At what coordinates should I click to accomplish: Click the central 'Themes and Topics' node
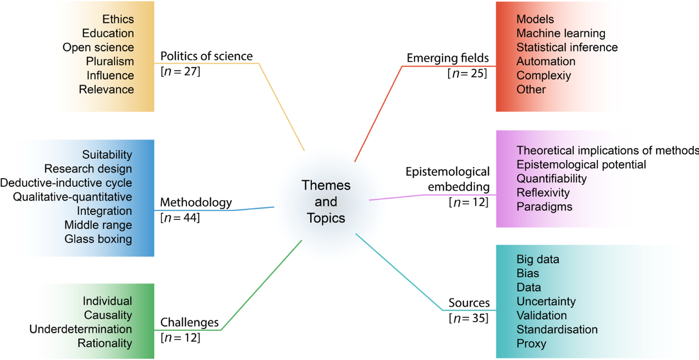click(x=326, y=202)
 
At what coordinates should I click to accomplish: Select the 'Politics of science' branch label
click(x=206, y=56)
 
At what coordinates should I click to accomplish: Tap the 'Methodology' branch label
click(x=196, y=203)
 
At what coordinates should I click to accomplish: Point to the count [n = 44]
click(x=180, y=218)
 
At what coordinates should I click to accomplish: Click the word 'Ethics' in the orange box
click(x=118, y=19)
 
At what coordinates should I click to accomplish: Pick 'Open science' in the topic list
click(x=98, y=47)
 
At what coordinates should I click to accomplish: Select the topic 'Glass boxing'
click(x=98, y=239)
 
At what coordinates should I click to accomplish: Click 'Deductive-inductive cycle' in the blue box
click(x=66, y=183)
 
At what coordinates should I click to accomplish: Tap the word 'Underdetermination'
click(x=80, y=329)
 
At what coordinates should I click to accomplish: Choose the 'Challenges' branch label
click(x=189, y=323)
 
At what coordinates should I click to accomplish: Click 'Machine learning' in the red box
click(x=561, y=34)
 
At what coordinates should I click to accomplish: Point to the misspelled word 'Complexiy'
click(x=544, y=75)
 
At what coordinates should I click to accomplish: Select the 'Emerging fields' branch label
click(x=448, y=58)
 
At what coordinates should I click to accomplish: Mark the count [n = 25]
click(x=467, y=73)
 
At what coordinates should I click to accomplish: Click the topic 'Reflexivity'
click(x=543, y=193)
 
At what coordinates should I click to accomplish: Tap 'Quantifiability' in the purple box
click(x=552, y=179)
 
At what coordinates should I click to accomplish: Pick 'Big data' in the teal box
click(x=538, y=259)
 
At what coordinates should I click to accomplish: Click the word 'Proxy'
click(x=531, y=344)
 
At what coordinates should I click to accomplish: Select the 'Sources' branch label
click(x=469, y=303)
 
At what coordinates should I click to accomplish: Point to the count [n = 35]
click(x=468, y=318)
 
